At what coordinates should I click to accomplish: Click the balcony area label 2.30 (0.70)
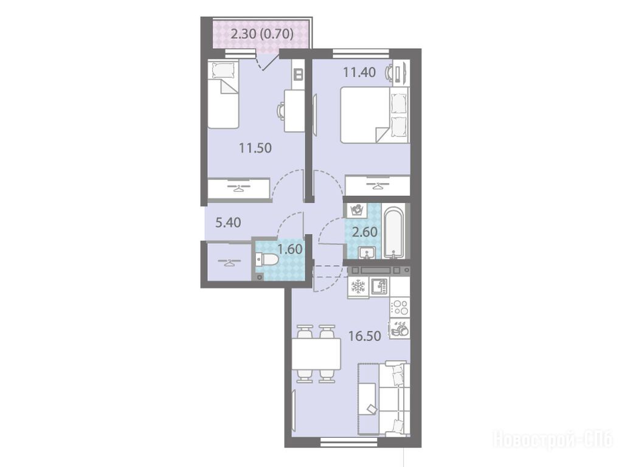point(262,34)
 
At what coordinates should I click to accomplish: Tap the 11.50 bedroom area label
point(255,148)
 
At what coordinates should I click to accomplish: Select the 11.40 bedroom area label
point(359,72)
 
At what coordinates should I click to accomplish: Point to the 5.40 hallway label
point(228,223)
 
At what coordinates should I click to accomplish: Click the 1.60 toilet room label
point(290,249)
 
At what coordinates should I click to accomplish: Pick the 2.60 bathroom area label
point(365,232)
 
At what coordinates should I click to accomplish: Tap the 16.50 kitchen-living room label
point(365,336)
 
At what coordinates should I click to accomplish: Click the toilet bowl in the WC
point(267,260)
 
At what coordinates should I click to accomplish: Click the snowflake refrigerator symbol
point(358,286)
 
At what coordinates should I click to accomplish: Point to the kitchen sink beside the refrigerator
point(379,286)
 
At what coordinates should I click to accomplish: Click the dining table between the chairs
point(316,354)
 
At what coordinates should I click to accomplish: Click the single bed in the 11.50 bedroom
point(223,94)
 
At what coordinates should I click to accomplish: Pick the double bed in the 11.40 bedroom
point(375,115)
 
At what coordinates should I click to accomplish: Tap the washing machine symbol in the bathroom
point(358,210)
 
